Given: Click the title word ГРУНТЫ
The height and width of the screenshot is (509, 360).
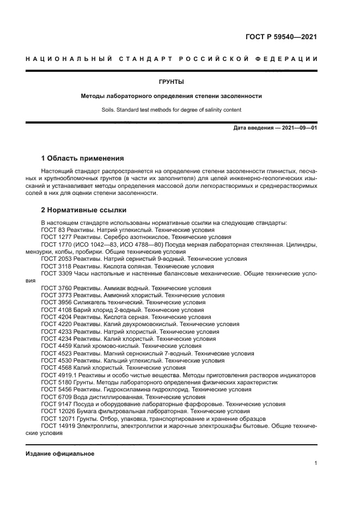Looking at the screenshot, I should click(x=171, y=82).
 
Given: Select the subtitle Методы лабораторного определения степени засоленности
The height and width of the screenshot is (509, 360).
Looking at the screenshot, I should click(x=171, y=96).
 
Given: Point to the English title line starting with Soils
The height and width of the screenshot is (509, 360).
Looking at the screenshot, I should click(x=171, y=109).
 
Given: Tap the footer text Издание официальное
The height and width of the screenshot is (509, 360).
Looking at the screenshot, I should click(x=60, y=453).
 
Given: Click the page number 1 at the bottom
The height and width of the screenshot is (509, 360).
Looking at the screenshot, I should click(x=315, y=463).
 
